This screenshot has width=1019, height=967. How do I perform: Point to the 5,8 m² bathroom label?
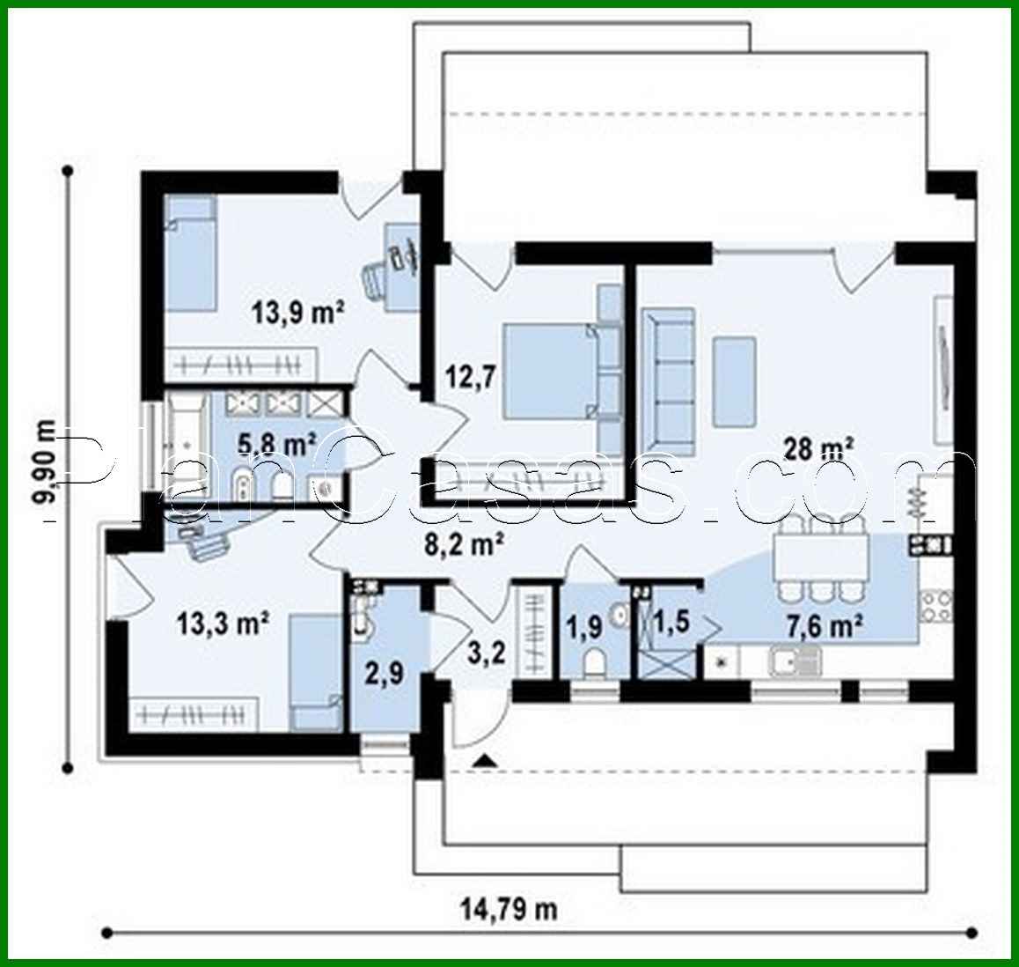coord(277,444)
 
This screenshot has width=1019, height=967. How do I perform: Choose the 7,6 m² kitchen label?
coord(824,626)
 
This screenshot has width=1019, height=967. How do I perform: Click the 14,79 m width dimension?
coord(509,907)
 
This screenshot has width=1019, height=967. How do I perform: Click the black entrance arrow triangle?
coord(481,758)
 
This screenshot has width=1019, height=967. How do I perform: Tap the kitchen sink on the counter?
coord(795,659)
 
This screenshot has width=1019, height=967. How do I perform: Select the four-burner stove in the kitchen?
coord(935,605)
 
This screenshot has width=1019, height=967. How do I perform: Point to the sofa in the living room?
coord(668,378)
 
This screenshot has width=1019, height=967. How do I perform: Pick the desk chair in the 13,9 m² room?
coord(376,279)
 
